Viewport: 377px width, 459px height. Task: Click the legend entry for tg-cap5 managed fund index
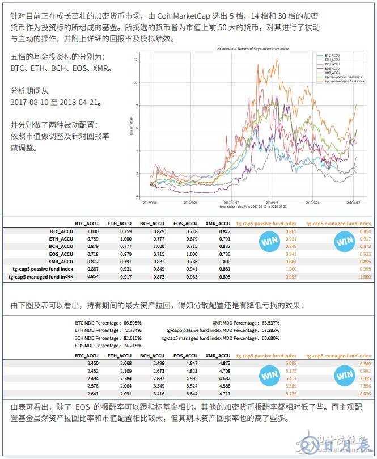[344, 81]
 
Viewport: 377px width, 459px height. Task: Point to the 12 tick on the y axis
[137, 59]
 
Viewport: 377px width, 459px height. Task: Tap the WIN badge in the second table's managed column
[344, 375]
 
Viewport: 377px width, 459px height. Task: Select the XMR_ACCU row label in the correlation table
[61, 261]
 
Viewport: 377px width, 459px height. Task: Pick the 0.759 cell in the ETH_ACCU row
[93, 239]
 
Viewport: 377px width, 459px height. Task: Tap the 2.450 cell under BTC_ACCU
[93, 363]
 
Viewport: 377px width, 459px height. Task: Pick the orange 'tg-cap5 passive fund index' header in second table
[266, 356]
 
